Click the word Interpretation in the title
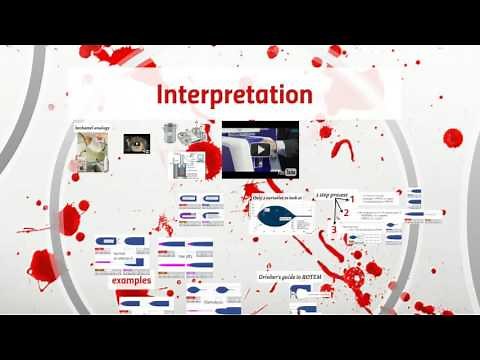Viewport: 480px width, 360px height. pyautogui.click(x=233, y=96)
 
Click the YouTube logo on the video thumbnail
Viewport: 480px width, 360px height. pyautogui.click(x=291, y=170)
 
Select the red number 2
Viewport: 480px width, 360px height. pyautogui.click(x=346, y=213)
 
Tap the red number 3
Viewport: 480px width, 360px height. pyautogui.click(x=334, y=231)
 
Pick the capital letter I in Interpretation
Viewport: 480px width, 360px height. pyautogui.click(x=160, y=96)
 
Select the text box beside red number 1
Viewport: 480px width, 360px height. pyautogui.click(x=380, y=201)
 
